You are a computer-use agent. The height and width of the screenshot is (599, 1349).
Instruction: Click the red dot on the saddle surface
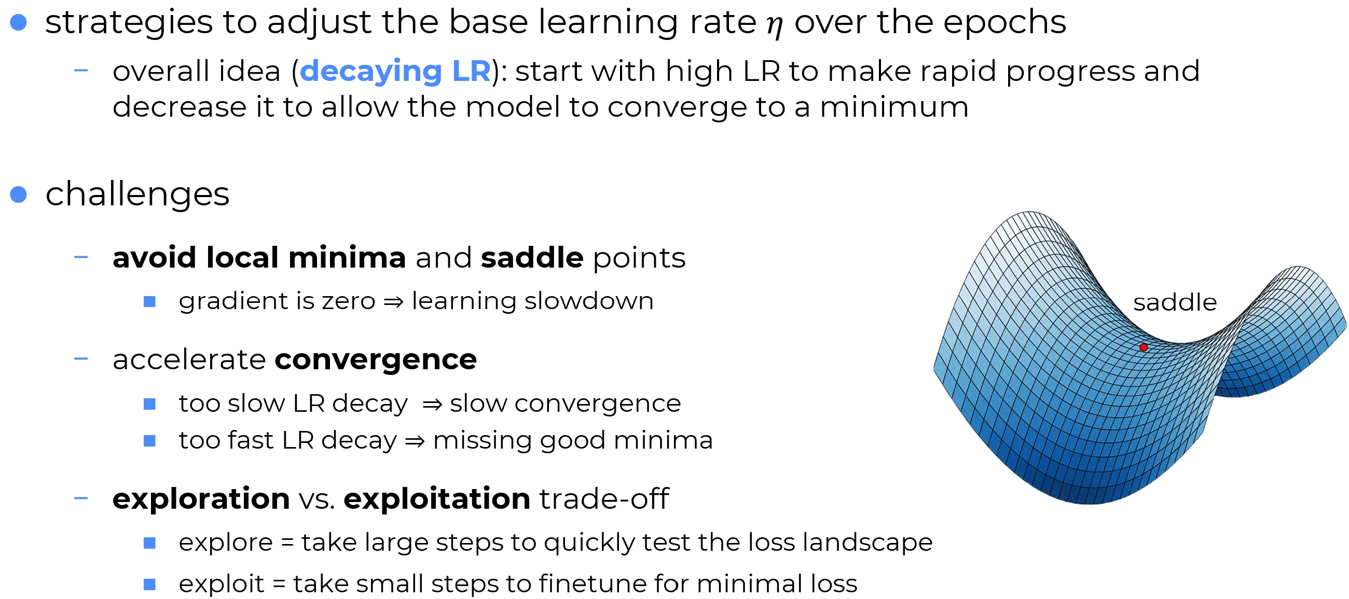pos(1143,347)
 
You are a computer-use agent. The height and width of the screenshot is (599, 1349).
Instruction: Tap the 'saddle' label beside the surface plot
pos(1175,302)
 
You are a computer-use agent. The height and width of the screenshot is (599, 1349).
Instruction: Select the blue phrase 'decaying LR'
pos(395,72)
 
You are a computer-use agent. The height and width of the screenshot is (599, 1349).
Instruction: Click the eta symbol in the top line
pos(775,24)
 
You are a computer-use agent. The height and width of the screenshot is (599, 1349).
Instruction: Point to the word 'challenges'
pos(137,194)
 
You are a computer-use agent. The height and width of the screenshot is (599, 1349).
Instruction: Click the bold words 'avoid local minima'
pos(259,258)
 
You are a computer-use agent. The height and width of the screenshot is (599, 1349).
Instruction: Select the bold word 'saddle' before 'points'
pos(532,258)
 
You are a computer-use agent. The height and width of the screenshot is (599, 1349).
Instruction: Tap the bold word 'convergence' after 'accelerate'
pos(376,360)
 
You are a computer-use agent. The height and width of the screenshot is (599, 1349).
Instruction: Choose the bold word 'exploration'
pos(201,498)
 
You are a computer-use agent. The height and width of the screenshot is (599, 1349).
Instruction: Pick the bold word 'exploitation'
pos(437,498)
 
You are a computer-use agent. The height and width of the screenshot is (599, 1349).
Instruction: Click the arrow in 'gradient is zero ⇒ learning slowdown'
pos(393,302)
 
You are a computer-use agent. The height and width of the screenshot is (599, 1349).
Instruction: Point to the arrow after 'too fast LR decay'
pos(415,441)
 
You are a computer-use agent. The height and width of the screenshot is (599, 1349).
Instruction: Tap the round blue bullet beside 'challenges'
pos(18,194)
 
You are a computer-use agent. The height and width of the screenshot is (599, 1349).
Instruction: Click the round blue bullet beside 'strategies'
pos(18,22)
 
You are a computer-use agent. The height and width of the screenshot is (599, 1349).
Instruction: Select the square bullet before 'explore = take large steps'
pos(150,543)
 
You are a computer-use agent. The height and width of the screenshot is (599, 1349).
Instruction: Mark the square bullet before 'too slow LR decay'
pos(150,403)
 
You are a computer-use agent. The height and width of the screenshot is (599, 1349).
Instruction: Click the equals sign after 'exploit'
pos(279,584)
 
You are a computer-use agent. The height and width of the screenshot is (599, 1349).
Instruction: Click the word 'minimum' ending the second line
pos(894,107)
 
